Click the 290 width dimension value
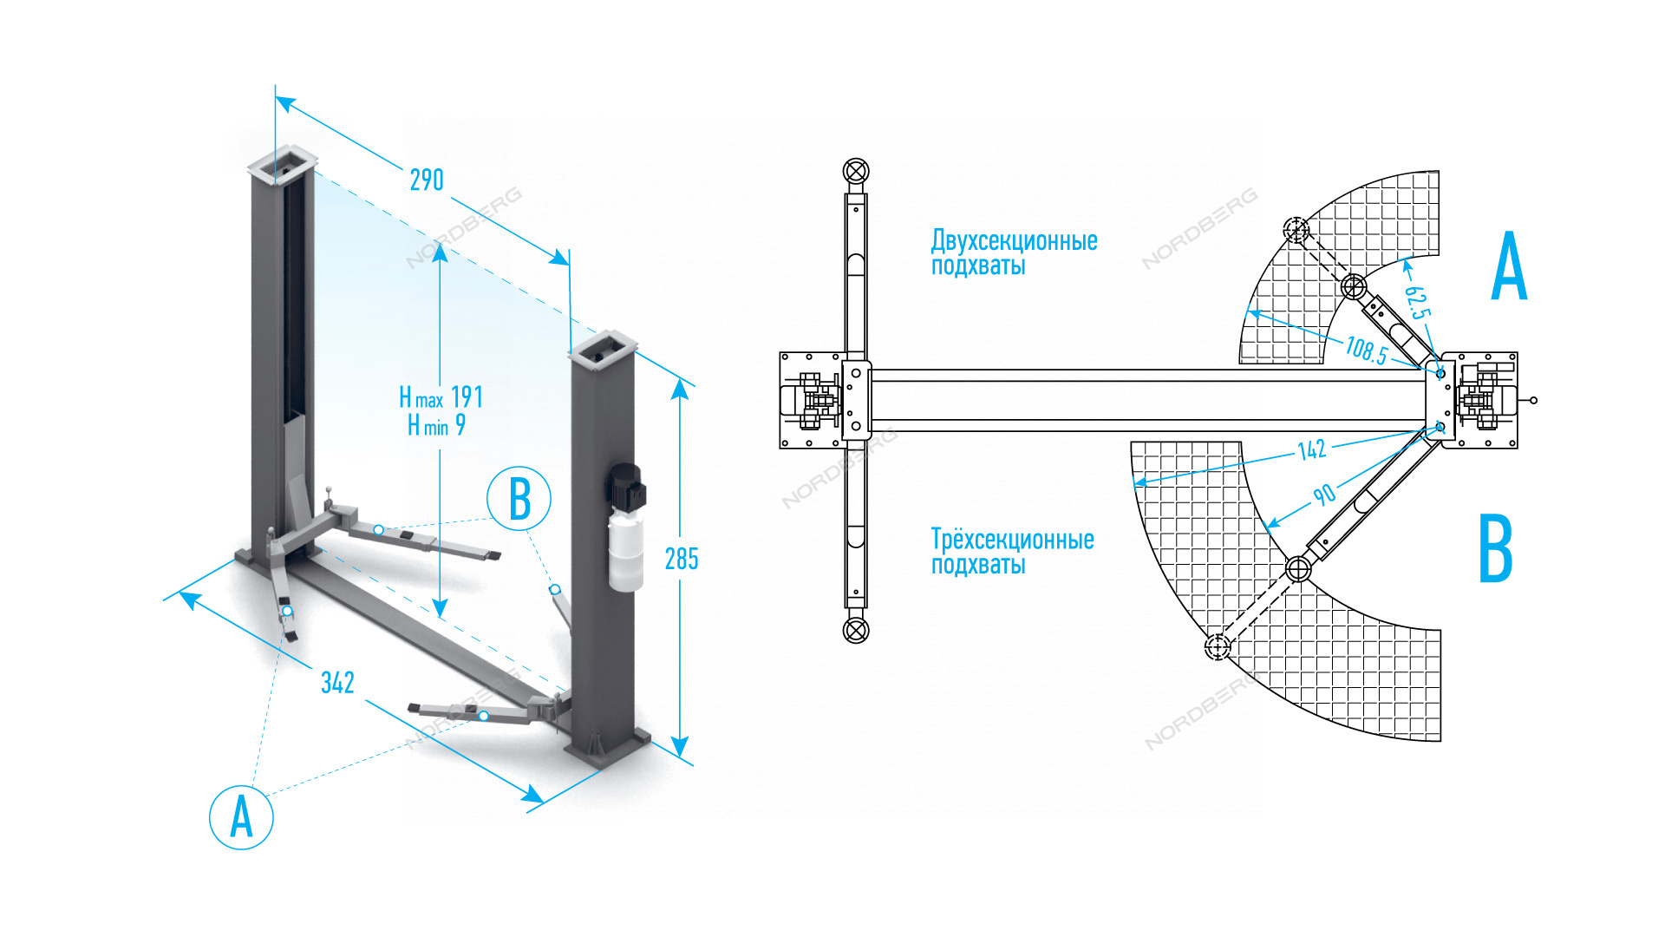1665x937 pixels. (x=427, y=180)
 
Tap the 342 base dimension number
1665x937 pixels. (x=337, y=683)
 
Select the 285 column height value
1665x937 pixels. (x=682, y=560)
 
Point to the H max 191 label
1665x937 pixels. (x=441, y=397)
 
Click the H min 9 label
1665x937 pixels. (x=437, y=425)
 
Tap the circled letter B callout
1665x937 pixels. (x=519, y=499)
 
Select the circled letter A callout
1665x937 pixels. (x=241, y=817)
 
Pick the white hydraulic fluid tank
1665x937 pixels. (x=625, y=550)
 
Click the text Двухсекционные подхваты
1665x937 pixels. (x=1014, y=252)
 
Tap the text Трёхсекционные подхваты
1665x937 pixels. (x=1012, y=552)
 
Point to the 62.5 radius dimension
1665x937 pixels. (x=1417, y=301)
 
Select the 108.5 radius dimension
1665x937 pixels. (x=1366, y=350)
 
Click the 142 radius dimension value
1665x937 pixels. (x=1311, y=449)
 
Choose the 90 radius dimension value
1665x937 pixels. (x=1323, y=495)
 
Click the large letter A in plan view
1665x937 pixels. (x=1509, y=267)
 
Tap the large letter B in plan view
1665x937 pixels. (x=1496, y=548)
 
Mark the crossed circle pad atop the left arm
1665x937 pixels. (x=856, y=171)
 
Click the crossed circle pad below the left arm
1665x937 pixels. (x=856, y=630)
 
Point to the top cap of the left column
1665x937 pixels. (x=283, y=165)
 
